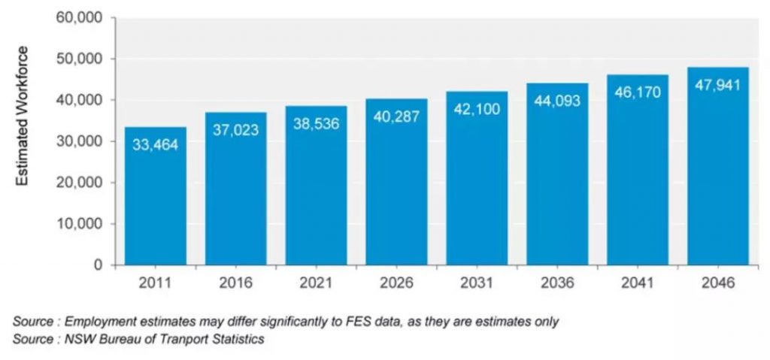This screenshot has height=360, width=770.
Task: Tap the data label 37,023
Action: click(x=235, y=130)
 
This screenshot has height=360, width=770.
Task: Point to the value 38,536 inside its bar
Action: click(x=316, y=124)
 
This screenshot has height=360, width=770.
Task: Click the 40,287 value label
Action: click(x=396, y=116)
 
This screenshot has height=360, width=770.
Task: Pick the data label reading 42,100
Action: click(x=477, y=109)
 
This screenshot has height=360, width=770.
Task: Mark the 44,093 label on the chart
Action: click(x=557, y=101)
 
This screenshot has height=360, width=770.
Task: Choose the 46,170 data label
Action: click(x=638, y=92)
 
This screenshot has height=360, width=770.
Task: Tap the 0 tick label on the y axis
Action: click(x=98, y=265)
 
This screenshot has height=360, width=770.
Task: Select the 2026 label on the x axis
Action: click(x=396, y=284)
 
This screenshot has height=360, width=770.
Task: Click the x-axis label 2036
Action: click(x=557, y=284)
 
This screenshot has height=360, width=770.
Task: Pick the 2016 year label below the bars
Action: click(x=235, y=284)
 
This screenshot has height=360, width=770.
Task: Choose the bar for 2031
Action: click(x=477, y=188)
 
